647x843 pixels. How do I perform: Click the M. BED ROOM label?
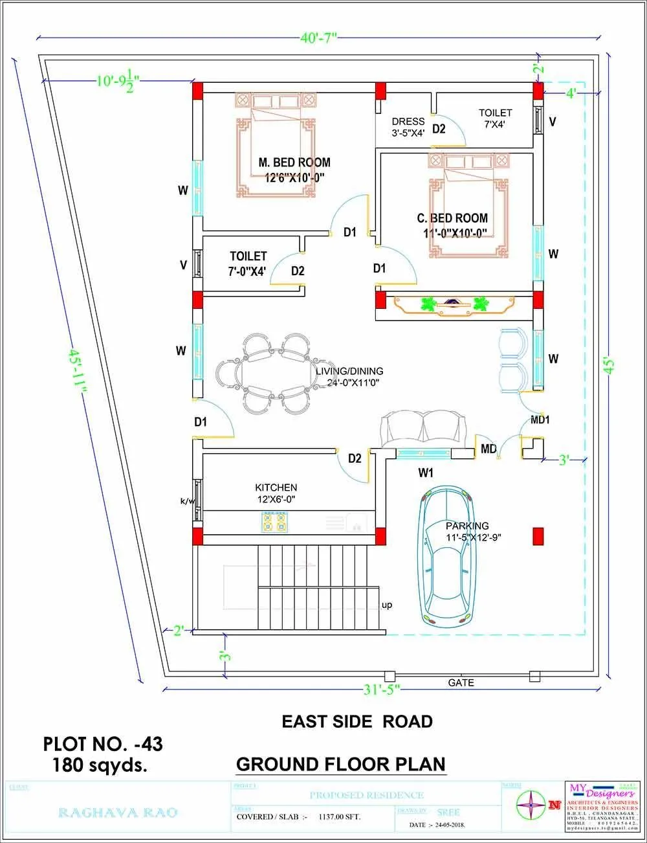294,163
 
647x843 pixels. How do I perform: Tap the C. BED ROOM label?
452,218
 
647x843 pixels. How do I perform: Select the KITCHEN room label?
276,488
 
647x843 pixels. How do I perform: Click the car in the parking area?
446,557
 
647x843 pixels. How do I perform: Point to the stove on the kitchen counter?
274,522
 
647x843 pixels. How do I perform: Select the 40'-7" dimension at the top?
319,38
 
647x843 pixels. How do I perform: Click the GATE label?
461,682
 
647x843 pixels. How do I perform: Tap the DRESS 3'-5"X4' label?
408,127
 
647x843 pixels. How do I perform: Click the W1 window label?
425,473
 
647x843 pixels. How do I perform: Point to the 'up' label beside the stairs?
387,605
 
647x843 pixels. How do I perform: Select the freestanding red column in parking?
538,536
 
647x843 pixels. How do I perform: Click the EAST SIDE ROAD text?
357,721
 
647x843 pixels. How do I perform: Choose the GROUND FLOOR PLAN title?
341,764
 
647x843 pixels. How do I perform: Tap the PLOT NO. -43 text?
103,744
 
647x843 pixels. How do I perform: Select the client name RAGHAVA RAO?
117,813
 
